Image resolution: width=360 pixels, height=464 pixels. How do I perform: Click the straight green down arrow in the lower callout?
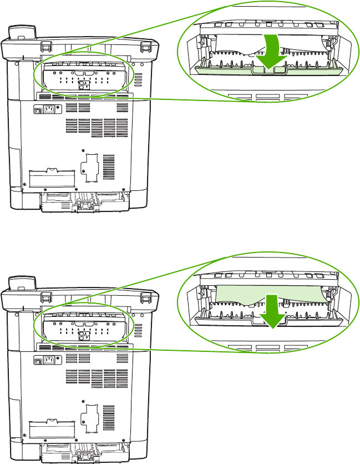point(272,310)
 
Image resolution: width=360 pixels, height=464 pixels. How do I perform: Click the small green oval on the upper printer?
point(84,76)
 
